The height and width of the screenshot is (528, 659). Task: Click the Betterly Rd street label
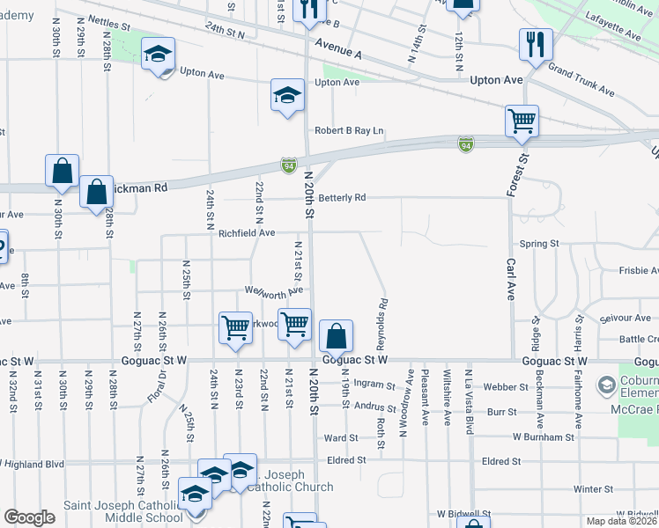pyautogui.click(x=342, y=198)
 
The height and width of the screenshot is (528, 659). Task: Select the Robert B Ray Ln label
pyautogui.click(x=350, y=131)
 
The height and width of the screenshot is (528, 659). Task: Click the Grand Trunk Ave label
pyautogui.click(x=581, y=79)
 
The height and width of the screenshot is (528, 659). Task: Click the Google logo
pyautogui.click(x=29, y=517)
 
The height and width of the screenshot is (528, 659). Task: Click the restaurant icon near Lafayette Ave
pyautogui.click(x=536, y=43)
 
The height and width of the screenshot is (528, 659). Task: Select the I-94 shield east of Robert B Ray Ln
pyautogui.click(x=465, y=143)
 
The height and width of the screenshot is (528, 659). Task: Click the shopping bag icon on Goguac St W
pyautogui.click(x=336, y=336)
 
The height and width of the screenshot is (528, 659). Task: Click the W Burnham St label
pyautogui.click(x=544, y=436)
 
